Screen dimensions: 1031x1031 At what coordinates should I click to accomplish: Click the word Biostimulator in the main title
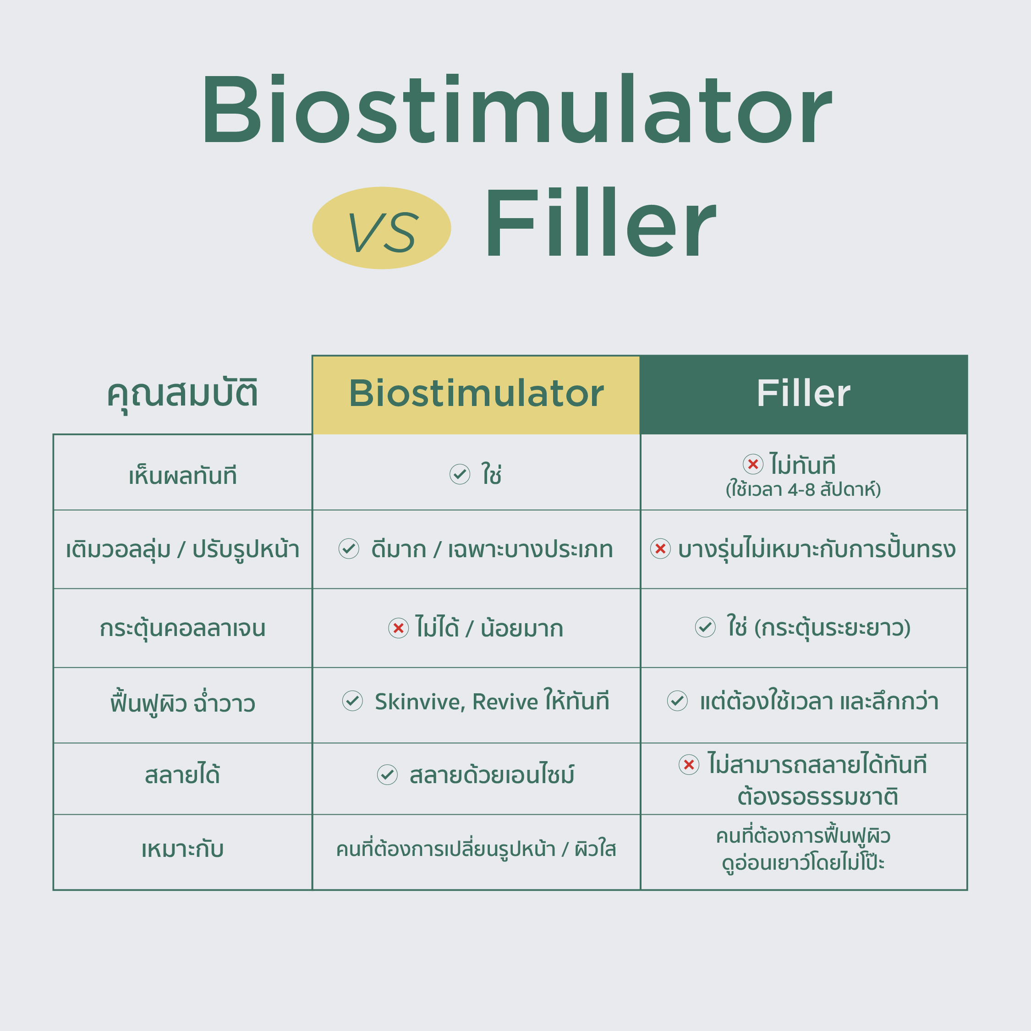pos(516,109)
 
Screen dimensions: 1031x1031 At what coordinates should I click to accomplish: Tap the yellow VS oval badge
pos(382,228)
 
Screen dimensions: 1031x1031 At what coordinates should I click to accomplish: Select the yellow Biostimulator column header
pos(476,395)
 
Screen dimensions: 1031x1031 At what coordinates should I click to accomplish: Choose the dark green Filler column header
pos(804,395)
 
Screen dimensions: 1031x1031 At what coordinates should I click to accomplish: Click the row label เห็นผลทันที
pos(182,474)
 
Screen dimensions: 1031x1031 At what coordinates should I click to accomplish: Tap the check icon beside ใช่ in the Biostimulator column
pos(460,474)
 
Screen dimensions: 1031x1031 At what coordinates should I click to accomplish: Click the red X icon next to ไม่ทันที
pos(753,464)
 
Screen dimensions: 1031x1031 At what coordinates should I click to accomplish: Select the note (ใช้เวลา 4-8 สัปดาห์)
pos(804,489)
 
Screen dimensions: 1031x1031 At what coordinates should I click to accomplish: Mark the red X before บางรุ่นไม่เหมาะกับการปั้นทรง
pos(660,548)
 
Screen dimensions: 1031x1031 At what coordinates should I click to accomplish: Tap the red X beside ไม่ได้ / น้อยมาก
pos(398,628)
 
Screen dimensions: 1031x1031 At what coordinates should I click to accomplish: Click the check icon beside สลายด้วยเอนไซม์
pos(387,774)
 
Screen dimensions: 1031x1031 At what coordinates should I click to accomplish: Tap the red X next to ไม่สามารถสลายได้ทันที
pos(689,764)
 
